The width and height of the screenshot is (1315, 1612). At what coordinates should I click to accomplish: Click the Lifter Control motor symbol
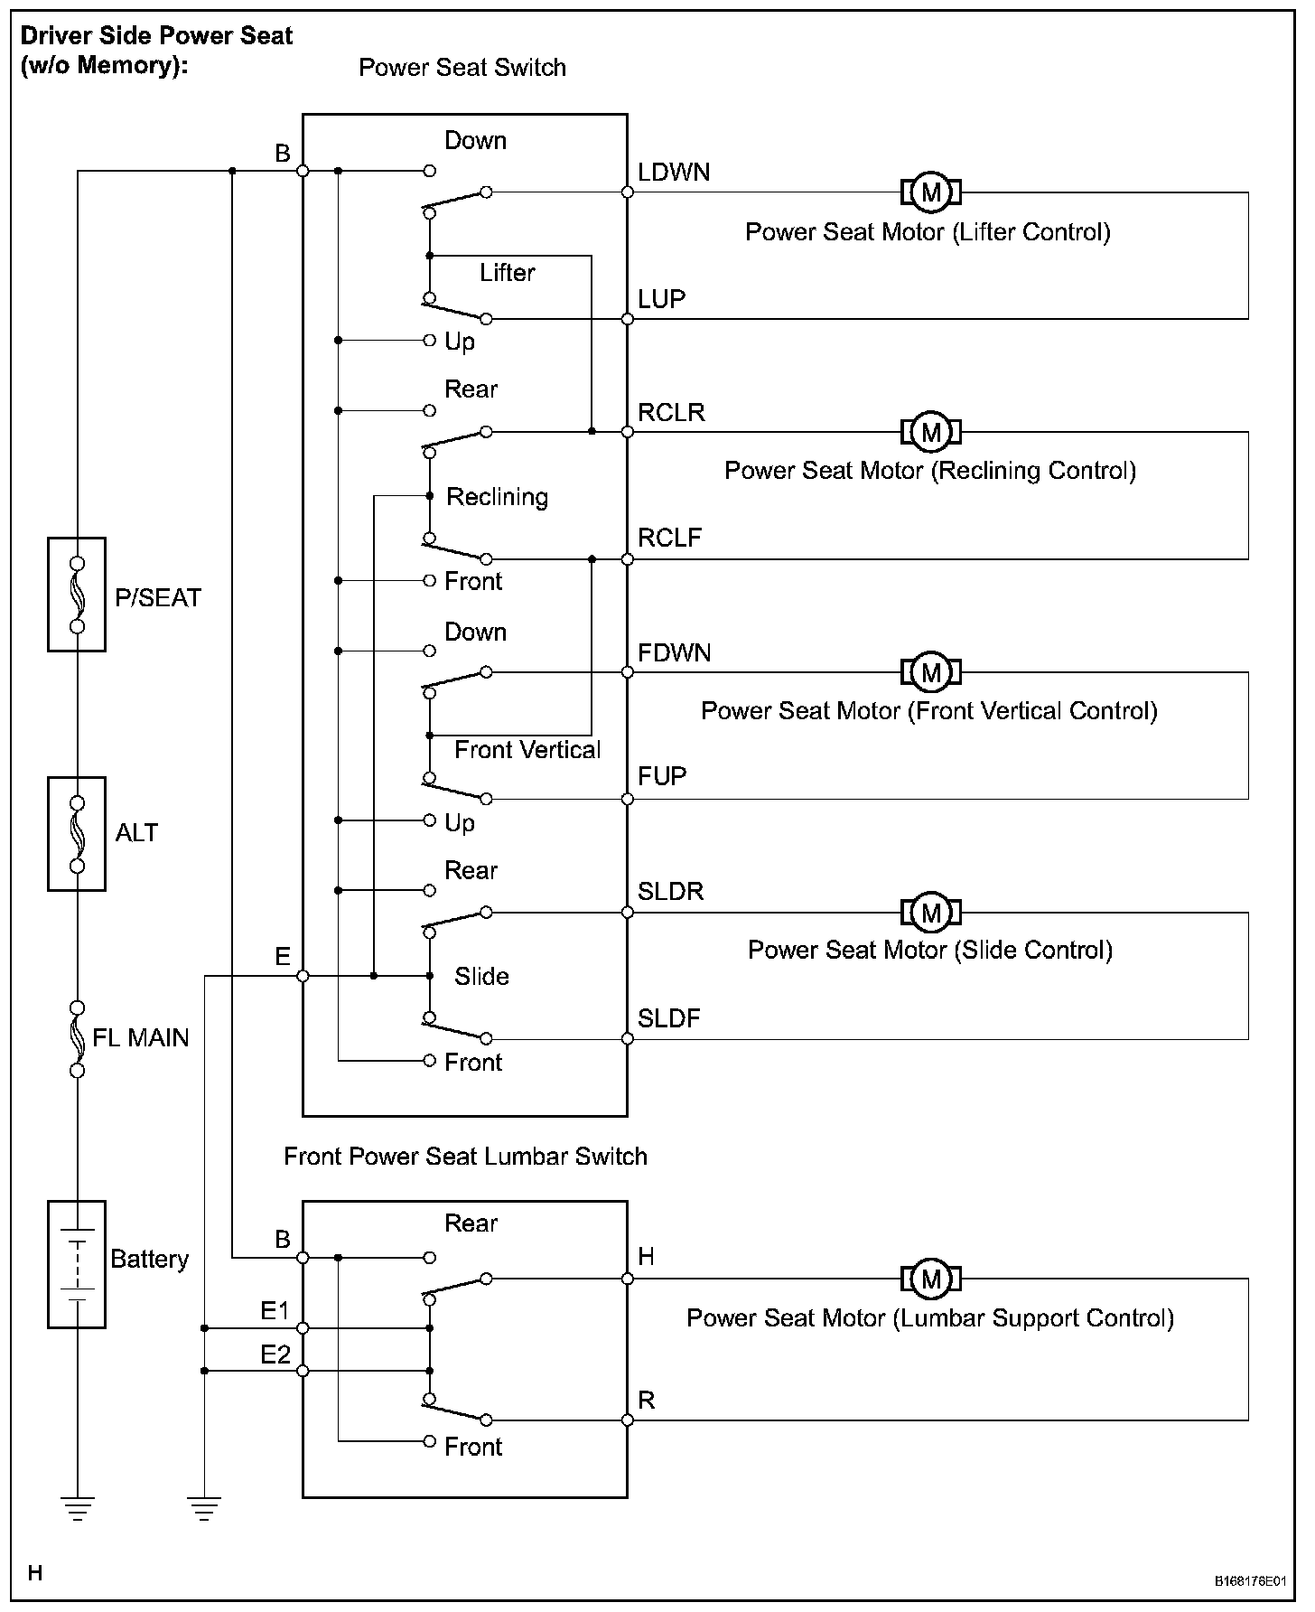pos(931,192)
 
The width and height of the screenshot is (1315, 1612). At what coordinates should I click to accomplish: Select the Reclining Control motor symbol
pos(931,432)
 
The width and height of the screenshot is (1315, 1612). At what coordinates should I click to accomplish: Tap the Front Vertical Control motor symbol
pos(931,672)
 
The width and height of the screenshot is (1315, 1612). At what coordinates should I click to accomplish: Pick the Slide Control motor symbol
pos(931,913)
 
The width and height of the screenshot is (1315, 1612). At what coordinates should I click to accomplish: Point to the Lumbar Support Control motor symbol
pos(931,1279)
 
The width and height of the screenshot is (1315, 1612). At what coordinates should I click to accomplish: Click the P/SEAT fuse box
pos(77,595)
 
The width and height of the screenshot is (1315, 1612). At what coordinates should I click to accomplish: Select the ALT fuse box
pos(77,834)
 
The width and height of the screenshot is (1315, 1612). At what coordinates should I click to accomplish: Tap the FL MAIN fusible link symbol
pos(78,1039)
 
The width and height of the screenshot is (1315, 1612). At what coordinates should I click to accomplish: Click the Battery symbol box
pos(77,1264)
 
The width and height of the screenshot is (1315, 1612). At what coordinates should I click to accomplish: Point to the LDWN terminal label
pos(674,173)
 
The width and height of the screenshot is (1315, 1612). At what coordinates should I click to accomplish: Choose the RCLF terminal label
pos(669,538)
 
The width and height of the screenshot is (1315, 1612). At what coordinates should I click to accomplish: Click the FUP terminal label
pos(662,776)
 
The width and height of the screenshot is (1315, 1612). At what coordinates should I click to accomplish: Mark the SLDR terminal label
pos(670,891)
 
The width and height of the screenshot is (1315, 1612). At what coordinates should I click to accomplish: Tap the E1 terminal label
pos(275,1310)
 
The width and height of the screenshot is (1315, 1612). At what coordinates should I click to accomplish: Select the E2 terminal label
pos(275,1354)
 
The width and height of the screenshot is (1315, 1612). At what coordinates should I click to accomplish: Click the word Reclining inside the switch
pos(498,497)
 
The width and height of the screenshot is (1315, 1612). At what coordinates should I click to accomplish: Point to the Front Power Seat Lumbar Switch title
pos(465,1157)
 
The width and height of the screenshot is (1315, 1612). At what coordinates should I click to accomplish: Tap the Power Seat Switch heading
pos(462,68)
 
